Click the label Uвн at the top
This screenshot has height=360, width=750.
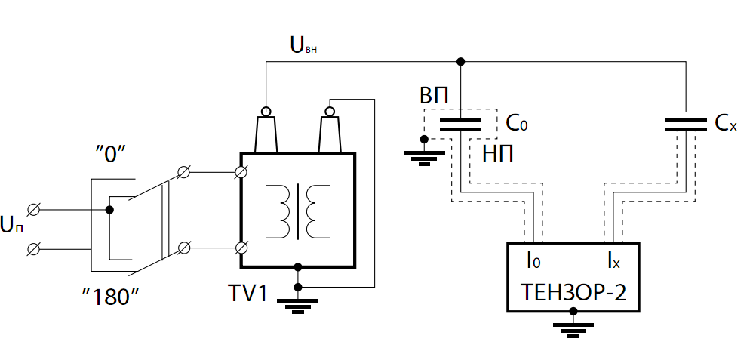pyautogui.click(x=303, y=46)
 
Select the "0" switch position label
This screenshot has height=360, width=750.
pyautogui.click(x=110, y=154)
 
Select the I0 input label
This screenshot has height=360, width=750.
pyautogui.click(x=533, y=261)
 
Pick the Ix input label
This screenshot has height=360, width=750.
pyautogui.click(x=613, y=261)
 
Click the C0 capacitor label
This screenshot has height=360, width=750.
pyautogui.click(x=517, y=122)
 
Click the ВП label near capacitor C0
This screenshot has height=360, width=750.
pyautogui.click(x=434, y=96)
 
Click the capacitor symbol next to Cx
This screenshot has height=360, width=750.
pyautogui.click(x=685, y=125)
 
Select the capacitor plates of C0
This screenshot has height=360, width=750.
pyautogui.click(x=460, y=125)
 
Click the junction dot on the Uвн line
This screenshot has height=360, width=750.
pyautogui.click(x=460, y=61)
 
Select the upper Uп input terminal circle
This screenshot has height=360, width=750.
pyautogui.click(x=33, y=209)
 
